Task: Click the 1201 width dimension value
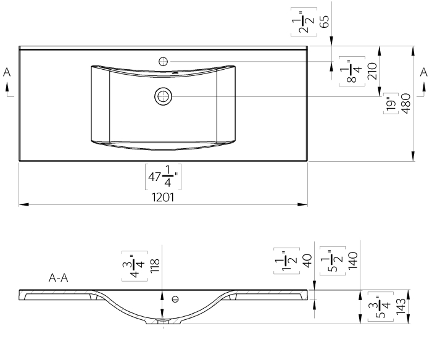coord(163,198)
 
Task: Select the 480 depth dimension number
coord(406,104)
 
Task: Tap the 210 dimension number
coord(372,71)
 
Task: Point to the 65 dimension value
coord(325,22)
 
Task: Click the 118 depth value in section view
coord(155,266)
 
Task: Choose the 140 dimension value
coord(353,261)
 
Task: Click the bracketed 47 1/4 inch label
coord(163,177)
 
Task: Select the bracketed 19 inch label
coord(391,104)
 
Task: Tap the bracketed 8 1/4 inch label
coord(352,71)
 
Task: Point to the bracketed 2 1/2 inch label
coord(304,22)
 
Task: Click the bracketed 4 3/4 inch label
coord(135,266)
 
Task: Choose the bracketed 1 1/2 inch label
coord(286,261)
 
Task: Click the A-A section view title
coord(58,278)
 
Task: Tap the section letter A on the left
coord(7,72)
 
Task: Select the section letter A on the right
coord(423,72)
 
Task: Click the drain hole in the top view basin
coord(163,96)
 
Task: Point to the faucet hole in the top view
coord(164,61)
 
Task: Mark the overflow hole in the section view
coord(175,299)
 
